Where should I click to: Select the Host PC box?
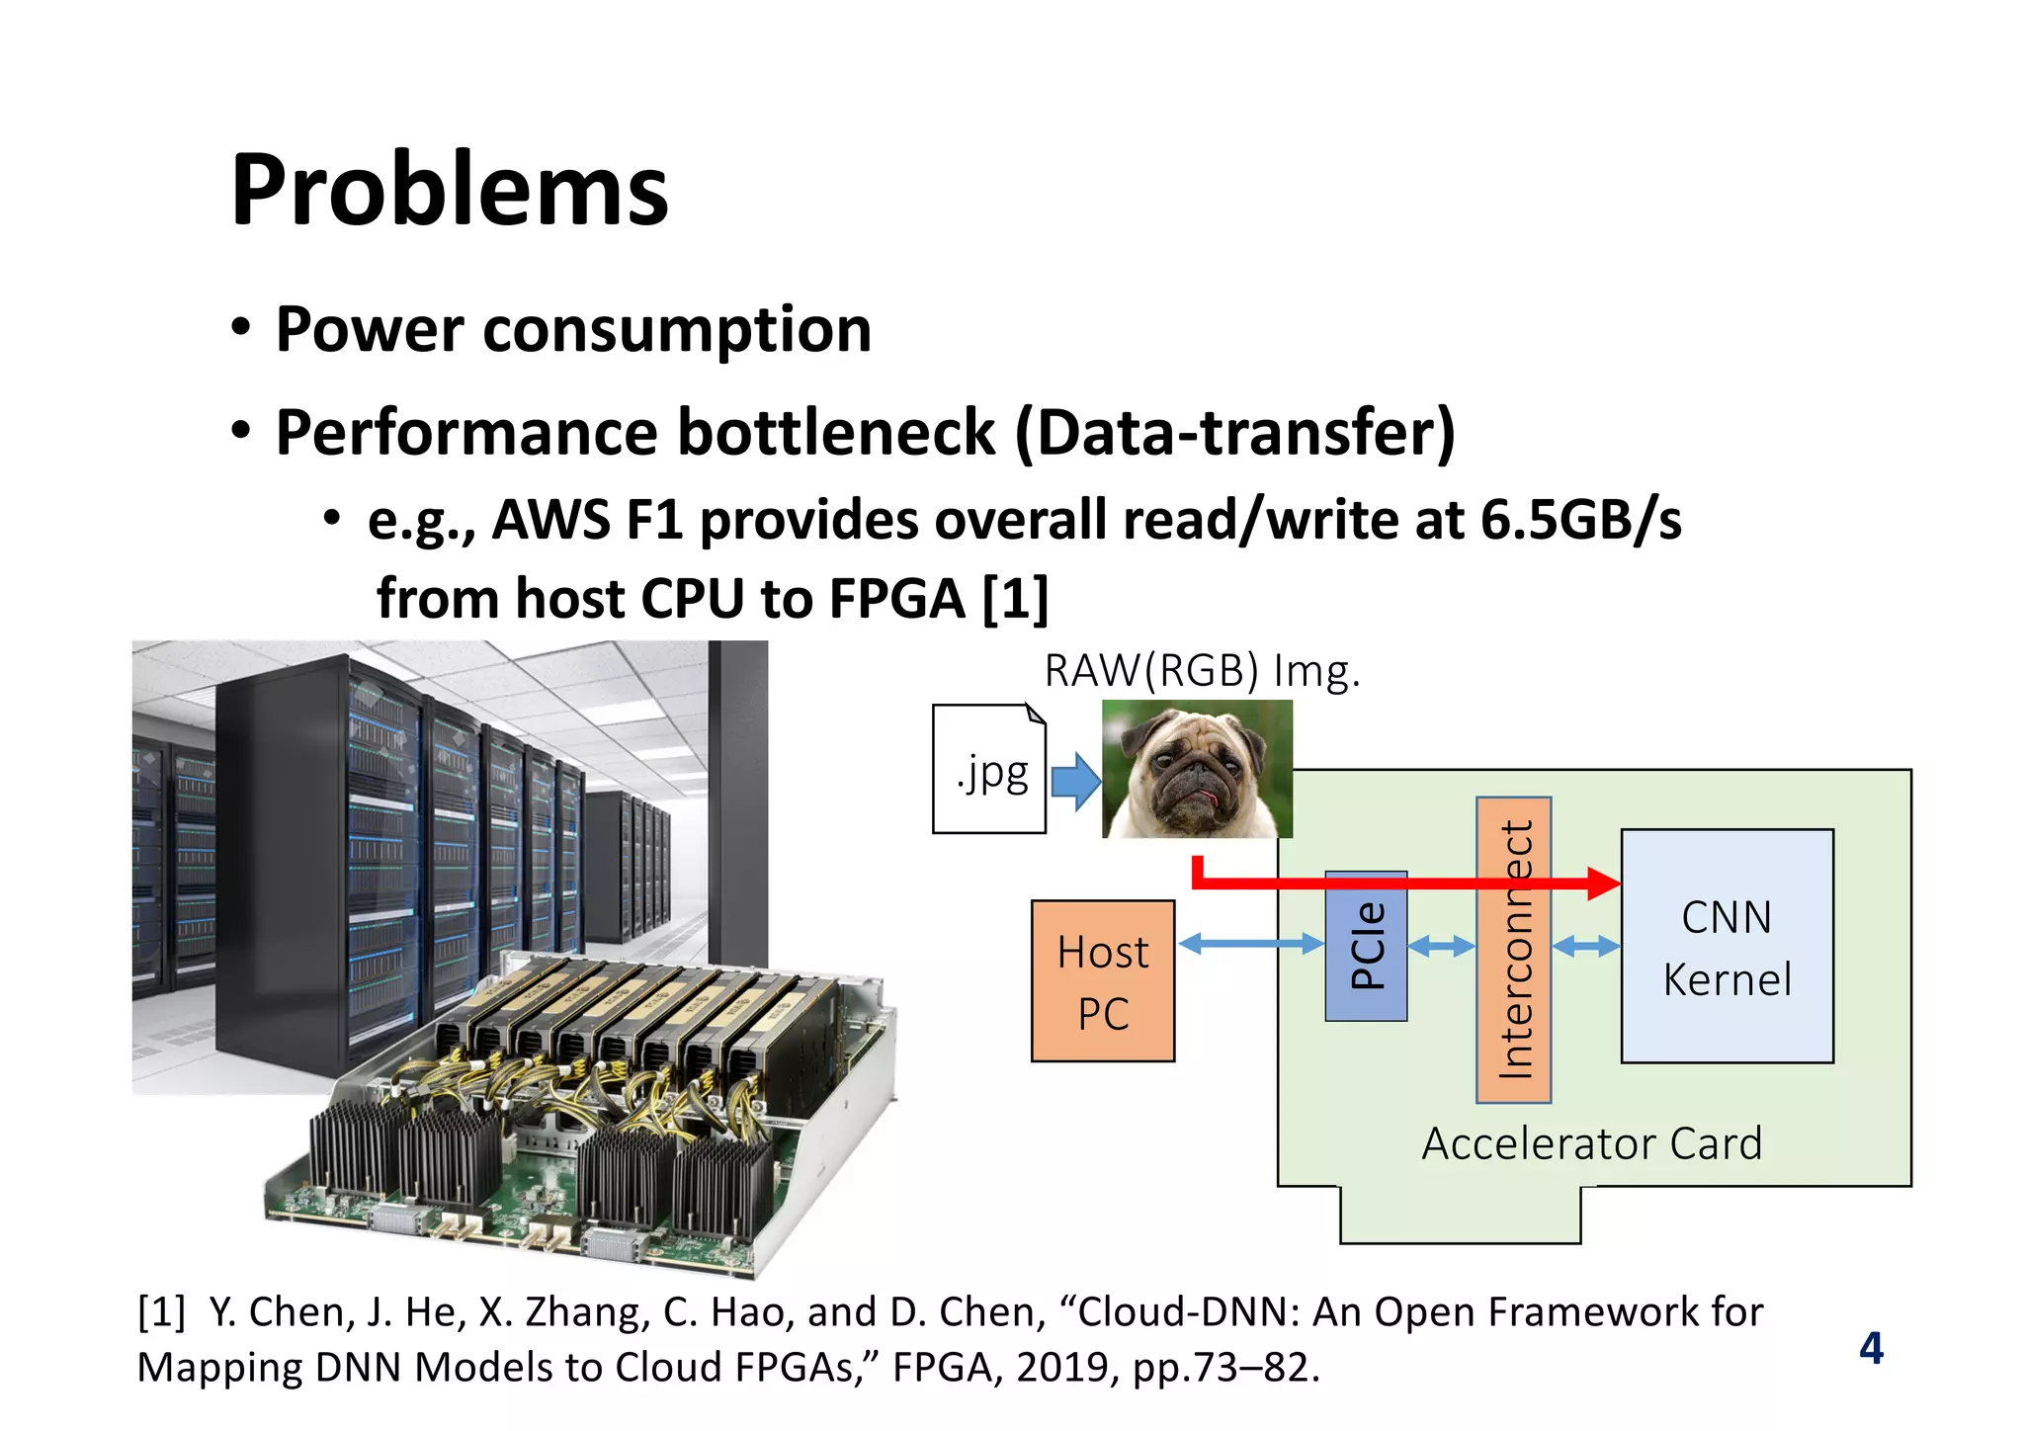click(x=1103, y=981)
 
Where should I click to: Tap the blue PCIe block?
click(x=1366, y=946)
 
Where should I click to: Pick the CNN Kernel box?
click(x=1727, y=947)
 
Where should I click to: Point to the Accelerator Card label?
click(x=1591, y=1143)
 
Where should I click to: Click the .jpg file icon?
click(x=989, y=770)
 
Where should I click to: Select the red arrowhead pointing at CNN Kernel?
click(x=1602, y=883)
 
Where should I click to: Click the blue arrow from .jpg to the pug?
click(x=1075, y=781)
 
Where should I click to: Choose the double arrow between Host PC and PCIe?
click(x=1250, y=945)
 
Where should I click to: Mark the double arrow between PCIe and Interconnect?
click(x=1441, y=947)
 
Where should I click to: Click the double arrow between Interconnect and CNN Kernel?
click(x=1586, y=947)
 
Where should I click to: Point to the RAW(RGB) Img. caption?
click(x=1202, y=671)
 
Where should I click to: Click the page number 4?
click(x=1871, y=1348)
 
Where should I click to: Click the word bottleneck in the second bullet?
click(x=835, y=433)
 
